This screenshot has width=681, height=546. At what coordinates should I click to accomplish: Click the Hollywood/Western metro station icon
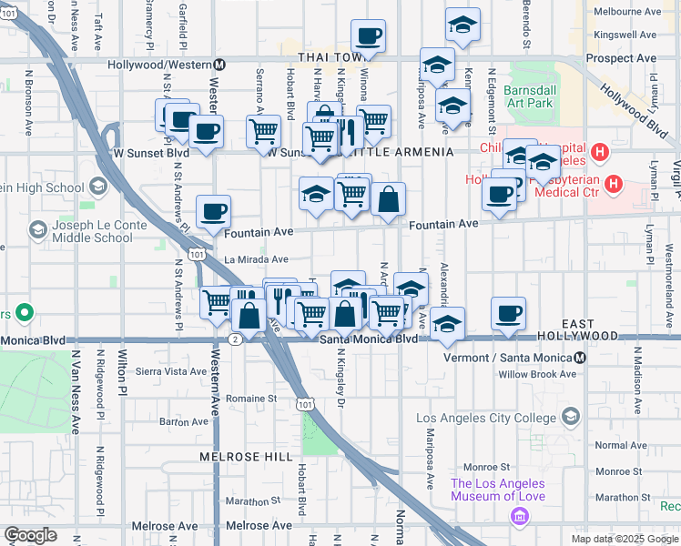click(219, 65)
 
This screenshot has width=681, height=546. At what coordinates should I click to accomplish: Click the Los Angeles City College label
click(486, 418)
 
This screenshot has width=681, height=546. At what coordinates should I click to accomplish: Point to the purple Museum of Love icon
click(520, 518)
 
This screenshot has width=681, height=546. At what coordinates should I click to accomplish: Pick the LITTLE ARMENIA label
click(409, 152)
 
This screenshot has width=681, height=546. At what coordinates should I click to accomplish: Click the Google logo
click(29, 535)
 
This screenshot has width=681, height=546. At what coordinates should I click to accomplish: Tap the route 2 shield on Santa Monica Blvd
click(235, 339)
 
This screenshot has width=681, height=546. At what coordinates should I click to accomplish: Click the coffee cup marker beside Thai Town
click(369, 37)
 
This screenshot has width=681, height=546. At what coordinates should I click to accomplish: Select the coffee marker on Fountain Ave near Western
click(213, 213)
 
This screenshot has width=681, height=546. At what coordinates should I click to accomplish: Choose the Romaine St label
click(251, 399)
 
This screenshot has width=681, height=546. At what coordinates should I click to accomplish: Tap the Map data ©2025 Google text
click(624, 539)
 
